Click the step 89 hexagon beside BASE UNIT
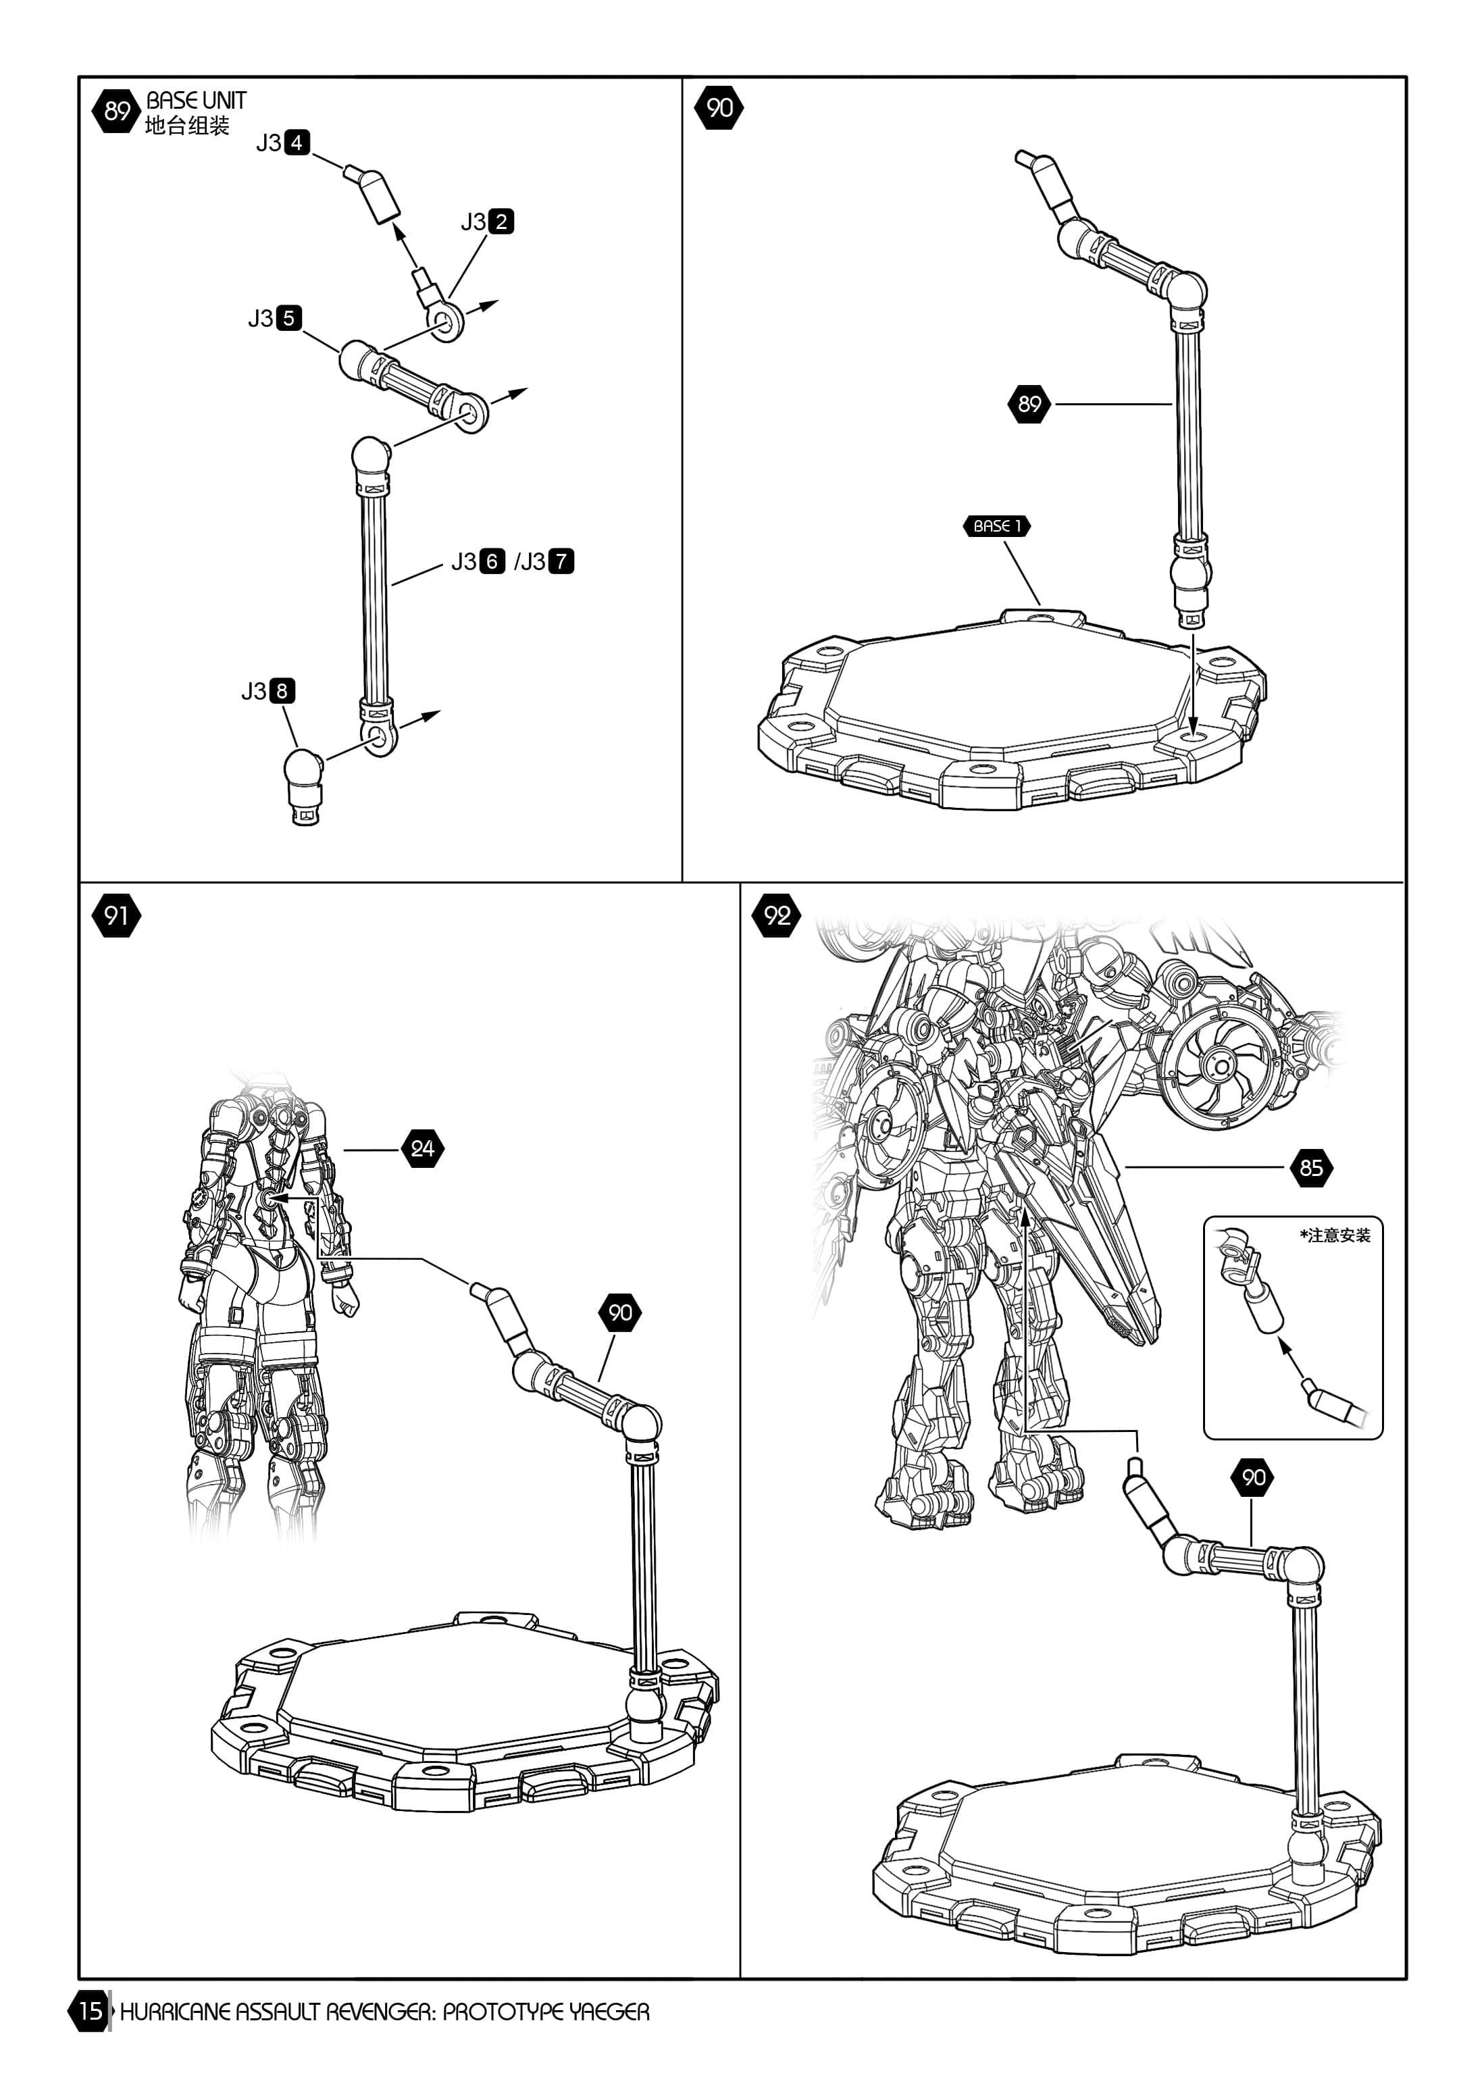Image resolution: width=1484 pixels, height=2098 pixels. (x=116, y=111)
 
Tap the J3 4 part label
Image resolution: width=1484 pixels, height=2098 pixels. (x=283, y=143)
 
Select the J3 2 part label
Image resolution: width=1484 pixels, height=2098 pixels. (x=487, y=221)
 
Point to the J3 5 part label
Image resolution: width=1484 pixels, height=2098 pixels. (x=275, y=318)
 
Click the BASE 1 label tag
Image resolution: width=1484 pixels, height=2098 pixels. (x=997, y=526)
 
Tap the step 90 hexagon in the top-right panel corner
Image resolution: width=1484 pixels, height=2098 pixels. (x=719, y=108)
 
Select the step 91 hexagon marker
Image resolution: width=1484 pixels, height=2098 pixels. (x=116, y=915)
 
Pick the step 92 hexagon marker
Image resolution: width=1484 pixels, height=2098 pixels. (x=777, y=915)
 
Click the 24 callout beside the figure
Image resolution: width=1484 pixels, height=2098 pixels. (x=422, y=1148)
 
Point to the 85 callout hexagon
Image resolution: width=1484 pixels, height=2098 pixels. (x=1311, y=1168)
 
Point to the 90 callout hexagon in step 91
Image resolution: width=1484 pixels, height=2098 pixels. (x=621, y=1313)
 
